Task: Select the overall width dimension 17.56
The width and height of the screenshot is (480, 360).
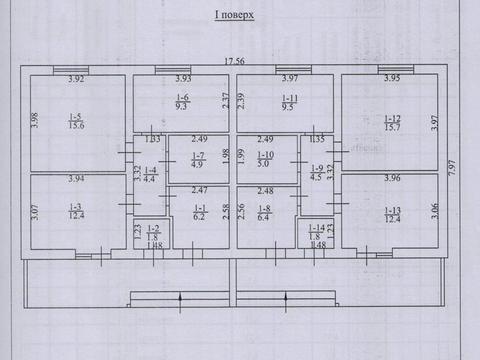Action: [234, 61]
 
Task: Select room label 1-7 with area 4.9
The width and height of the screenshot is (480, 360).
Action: [197, 161]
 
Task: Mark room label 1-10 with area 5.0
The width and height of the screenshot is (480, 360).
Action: [266, 161]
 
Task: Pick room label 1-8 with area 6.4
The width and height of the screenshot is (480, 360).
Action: [266, 212]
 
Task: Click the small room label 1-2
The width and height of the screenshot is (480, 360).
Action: [152, 232]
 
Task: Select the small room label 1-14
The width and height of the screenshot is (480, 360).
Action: [314, 232]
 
